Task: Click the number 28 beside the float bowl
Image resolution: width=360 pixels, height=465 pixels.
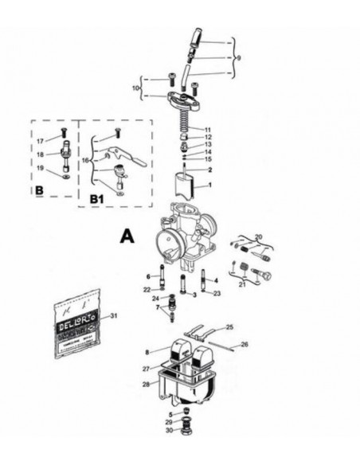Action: coord(146,385)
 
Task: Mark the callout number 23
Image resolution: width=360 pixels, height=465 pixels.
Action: coord(217,293)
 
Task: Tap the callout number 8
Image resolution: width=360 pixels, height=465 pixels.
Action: coord(147,351)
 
